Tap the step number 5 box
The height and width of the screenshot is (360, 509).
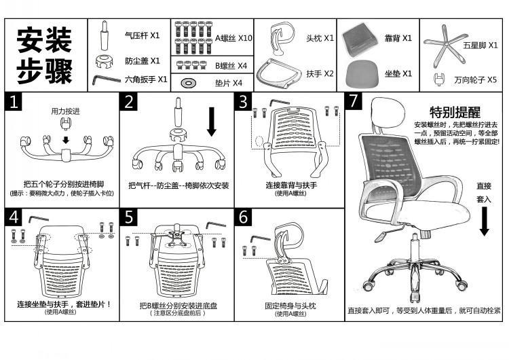[x=129, y=217]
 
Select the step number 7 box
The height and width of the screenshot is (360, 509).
[x=353, y=102]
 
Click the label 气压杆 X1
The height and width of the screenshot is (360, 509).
[x=142, y=34]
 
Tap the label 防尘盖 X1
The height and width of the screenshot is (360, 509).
[x=142, y=60]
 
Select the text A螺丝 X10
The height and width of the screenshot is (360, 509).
[x=233, y=38]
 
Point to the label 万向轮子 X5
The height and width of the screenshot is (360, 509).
[x=476, y=79]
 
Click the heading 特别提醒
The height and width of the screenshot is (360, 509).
[x=455, y=112]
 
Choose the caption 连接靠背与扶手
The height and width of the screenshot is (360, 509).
[x=291, y=185]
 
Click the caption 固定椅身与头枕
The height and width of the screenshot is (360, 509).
[x=290, y=306]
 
